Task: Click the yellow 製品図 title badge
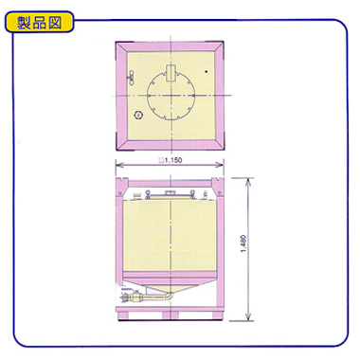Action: point(40,22)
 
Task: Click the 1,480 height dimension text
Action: point(243,243)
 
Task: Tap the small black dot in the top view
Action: point(207,72)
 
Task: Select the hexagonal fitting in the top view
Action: point(138,115)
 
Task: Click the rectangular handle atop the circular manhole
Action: point(171,73)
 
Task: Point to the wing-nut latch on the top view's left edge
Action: point(131,78)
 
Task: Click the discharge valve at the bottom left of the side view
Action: point(130,297)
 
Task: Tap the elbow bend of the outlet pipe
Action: point(171,297)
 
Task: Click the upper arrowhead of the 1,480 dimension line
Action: point(248,181)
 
